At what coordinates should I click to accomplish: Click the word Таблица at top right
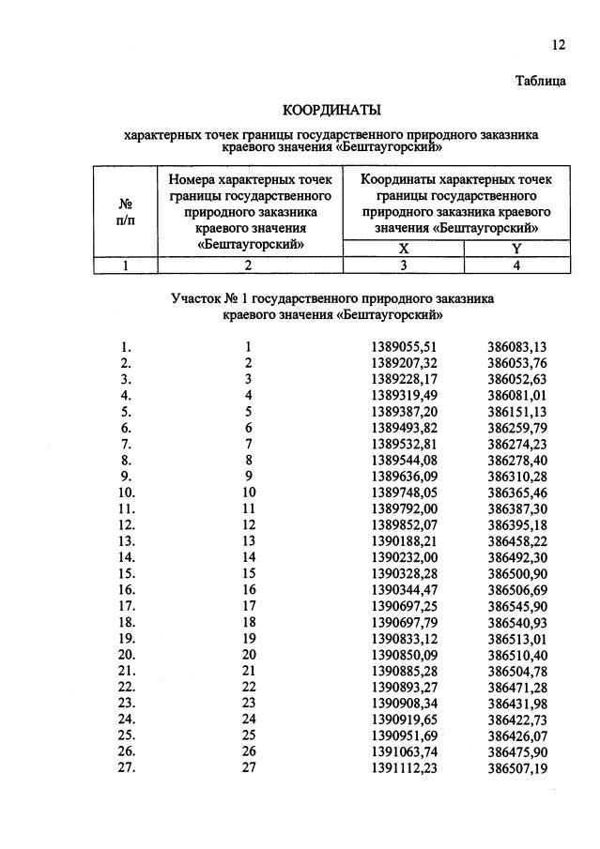tap(540, 82)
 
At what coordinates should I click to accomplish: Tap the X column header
tap(403, 249)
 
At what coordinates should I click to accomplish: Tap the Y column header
tap(516, 249)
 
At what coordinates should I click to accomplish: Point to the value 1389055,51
tap(404, 346)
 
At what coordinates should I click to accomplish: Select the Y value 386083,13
tap(516, 346)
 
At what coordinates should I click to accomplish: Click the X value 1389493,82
tap(404, 426)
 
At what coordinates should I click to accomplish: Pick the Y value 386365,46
tap(516, 491)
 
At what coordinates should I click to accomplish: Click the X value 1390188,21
tap(404, 539)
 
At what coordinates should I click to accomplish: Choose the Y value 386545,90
tap(516, 604)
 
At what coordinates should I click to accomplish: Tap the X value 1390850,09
tap(404, 653)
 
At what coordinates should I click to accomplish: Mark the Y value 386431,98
tap(516, 702)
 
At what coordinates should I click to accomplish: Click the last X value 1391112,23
tap(404, 766)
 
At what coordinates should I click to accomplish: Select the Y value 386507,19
tap(516, 766)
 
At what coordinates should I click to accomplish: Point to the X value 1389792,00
tap(404, 508)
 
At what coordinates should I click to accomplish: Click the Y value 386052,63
tap(516, 378)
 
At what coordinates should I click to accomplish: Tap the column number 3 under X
tap(403, 265)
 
